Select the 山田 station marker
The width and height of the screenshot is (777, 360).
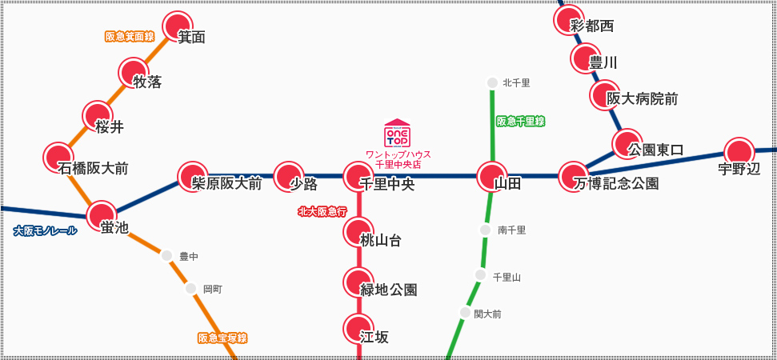pos(491,175)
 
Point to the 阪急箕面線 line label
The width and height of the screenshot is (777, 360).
pos(130,37)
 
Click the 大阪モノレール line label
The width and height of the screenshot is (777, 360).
pos(46,231)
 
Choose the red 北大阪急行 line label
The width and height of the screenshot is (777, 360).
pos(322,212)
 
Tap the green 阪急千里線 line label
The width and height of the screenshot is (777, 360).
pos(521,122)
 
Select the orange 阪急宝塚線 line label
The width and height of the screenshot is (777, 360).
pos(223,338)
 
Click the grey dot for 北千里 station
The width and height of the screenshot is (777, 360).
pos(492,82)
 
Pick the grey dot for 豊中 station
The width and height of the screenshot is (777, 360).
pos(166,256)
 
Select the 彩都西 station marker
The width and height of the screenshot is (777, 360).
pos(568,20)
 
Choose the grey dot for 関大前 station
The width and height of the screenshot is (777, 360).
pos(465,313)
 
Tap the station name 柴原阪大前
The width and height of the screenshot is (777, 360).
pos(226,184)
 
